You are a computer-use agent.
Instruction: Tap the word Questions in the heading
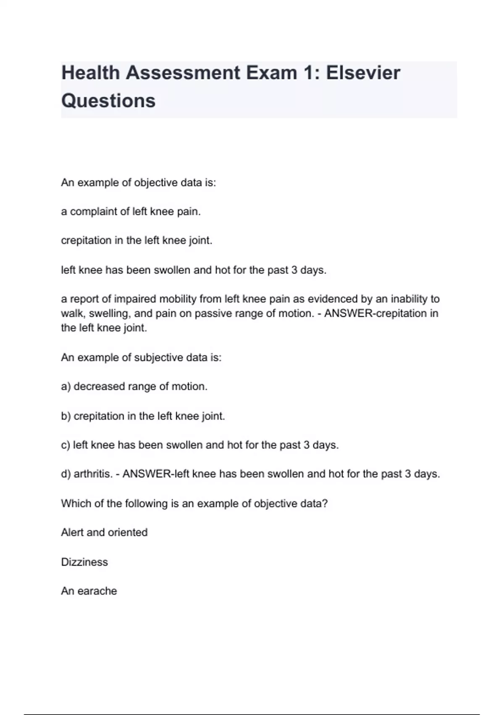click(108, 101)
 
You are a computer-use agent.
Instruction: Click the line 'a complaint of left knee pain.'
click(131, 212)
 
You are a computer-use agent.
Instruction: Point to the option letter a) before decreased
click(66, 387)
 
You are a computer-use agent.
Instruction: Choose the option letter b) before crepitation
click(66, 416)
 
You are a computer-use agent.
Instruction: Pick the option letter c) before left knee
click(66, 445)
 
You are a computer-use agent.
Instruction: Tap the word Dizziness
click(84, 562)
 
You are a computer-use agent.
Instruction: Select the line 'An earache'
click(89, 591)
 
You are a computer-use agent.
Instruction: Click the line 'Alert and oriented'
click(104, 532)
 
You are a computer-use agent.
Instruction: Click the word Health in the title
click(91, 73)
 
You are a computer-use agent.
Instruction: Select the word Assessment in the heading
click(183, 73)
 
